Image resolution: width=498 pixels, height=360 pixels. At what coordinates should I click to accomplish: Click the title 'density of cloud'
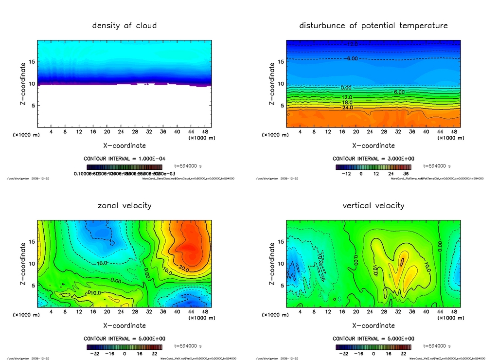coord(124,25)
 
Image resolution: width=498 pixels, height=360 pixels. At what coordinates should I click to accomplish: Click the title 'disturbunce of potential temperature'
coord(373,25)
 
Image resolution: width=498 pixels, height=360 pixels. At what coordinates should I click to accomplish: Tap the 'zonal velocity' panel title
coord(124,205)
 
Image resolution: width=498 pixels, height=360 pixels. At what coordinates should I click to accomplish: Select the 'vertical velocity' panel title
coord(373,205)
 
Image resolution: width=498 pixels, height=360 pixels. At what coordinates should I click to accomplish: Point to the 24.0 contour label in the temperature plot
coord(347,108)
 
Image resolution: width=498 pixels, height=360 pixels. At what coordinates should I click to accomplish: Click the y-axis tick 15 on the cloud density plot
coord(31,62)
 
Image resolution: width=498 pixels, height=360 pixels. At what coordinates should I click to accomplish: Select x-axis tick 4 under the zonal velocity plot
coord(51,312)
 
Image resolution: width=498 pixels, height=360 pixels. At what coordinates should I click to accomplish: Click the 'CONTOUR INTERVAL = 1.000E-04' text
coord(124,159)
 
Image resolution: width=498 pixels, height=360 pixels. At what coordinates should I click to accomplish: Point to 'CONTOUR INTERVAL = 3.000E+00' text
coord(373,159)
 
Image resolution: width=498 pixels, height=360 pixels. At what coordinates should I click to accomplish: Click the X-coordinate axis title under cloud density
coord(124,145)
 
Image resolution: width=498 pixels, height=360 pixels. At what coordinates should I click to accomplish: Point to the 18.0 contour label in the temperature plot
coord(347,103)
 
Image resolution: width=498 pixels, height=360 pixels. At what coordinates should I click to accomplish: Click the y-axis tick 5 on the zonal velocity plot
coord(32,286)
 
